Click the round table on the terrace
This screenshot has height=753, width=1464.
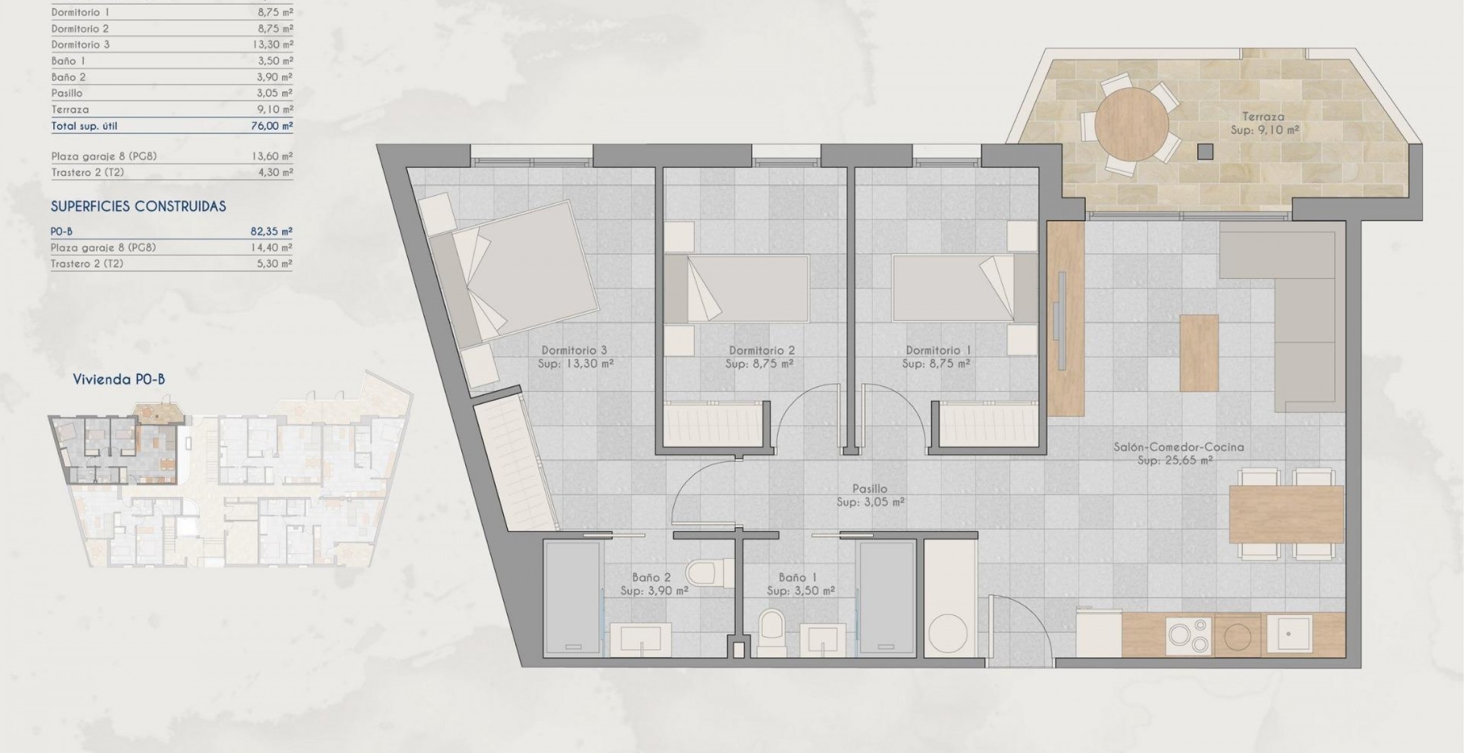coord(1131,124)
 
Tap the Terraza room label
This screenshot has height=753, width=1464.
coord(1263,117)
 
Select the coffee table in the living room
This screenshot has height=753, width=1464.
coord(1198,353)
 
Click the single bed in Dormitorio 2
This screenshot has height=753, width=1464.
coord(737,288)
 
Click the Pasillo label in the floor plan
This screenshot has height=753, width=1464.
coord(870,489)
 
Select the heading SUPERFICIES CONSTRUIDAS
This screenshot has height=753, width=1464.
coord(139,207)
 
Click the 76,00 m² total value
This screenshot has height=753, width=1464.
coord(272,126)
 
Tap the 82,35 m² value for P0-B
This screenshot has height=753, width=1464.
coord(271,231)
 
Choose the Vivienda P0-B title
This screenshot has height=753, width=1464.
coord(119,379)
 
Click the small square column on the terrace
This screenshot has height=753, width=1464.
coord(1205,151)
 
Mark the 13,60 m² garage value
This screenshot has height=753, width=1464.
coord(272,156)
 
